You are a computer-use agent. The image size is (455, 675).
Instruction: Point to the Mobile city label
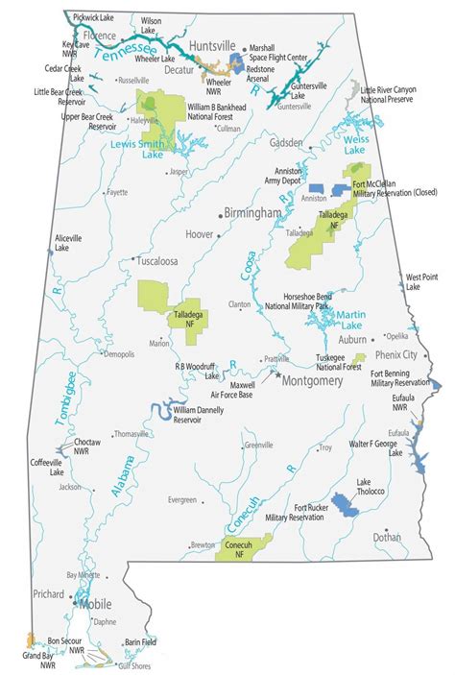pos(94,605)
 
